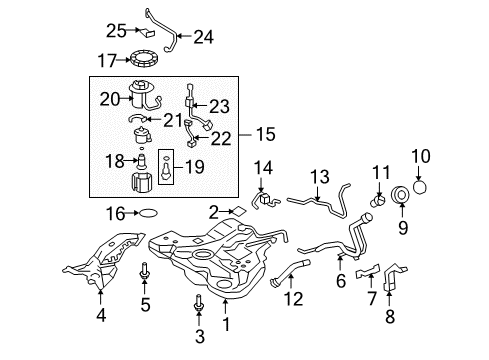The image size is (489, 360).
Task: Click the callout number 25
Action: [x=115, y=30]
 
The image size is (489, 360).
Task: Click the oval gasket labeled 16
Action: [x=146, y=213]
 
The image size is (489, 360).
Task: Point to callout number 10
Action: [x=419, y=156]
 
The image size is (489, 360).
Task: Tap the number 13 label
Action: [x=319, y=177]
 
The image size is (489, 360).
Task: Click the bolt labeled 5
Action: [x=147, y=269]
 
